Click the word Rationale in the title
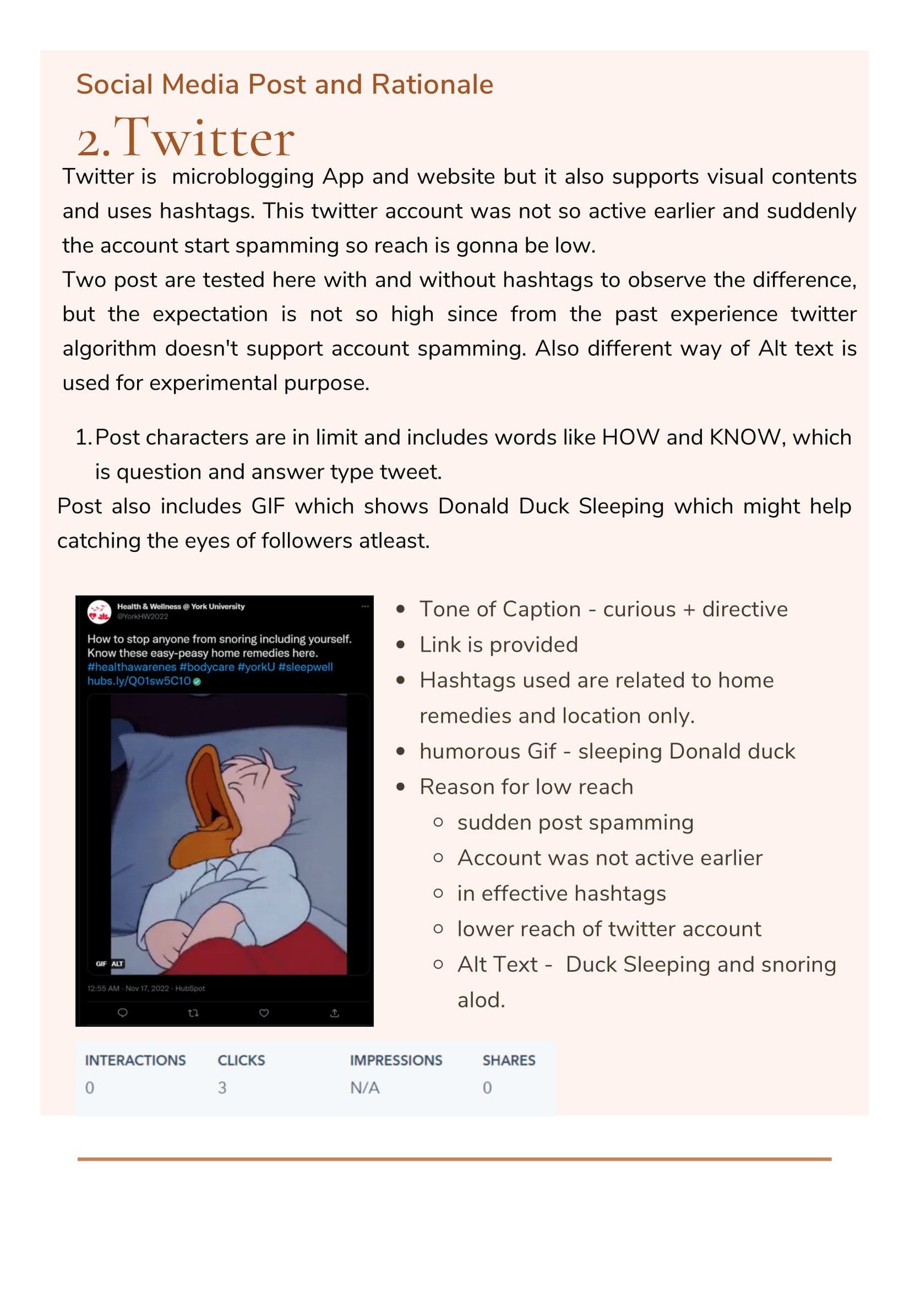pyautogui.click(x=432, y=84)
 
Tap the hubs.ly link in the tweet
pyautogui.click(x=139, y=681)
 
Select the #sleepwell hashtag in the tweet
pyautogui.click(x=305, y=666)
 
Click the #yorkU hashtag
pyautogui.click(x=256, y=666)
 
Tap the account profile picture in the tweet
pyautogui.click(x=99, y=612)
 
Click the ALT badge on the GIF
pyautogui.click(x=117, y=963)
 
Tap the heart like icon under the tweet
pyautogui.click(x=264, y=1012)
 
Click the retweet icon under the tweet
pyautogui.click(x=193, y=1012)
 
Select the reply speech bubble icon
pyautogui.click(x=122, y=1012)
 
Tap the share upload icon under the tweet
pyautogui.click(x=334, y=1012)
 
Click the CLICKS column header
pyautogui.click(x=241, y=1060)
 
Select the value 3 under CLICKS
pyautogui.click(x=222, y=1088)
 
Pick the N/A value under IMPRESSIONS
pyautogui.click(x=365, y=1088)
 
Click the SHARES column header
pyautogui.click(x=508, y=1060)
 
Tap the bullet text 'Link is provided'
pyautogui.click(x=498, y=645)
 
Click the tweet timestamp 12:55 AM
pyautogui.click(x=104, y=988)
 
